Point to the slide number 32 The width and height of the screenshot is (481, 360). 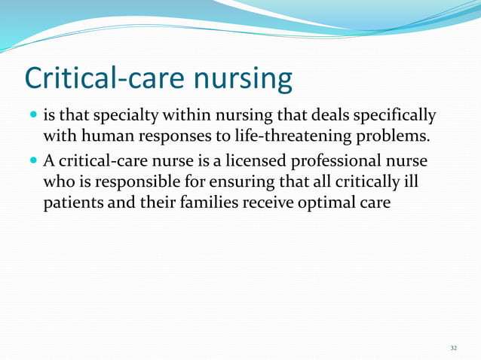(453, 347)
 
